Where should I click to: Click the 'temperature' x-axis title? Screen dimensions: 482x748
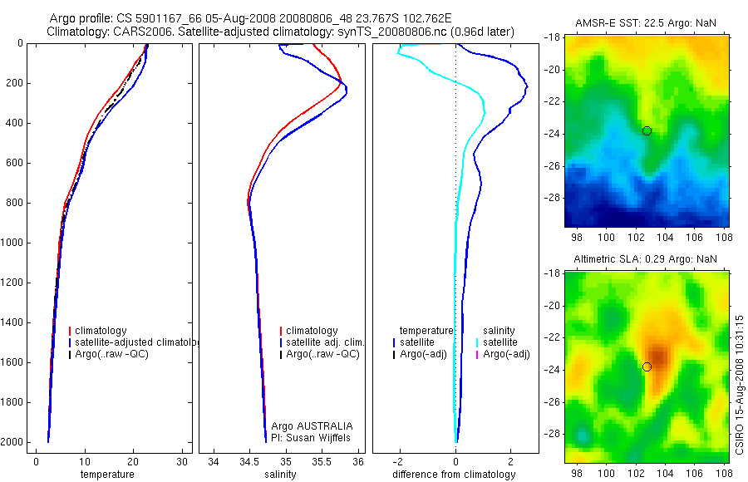pos(106,475)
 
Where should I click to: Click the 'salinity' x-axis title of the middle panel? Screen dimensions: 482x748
pos(279,475)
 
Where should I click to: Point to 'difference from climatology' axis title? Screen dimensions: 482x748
pos(454,475)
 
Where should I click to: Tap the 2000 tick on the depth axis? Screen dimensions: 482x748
pos(13,442)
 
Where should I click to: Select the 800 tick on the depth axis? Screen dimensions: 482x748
pos(16,203)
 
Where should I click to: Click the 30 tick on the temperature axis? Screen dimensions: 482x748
pos(182,460)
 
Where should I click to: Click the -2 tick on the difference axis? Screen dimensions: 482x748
pos(400,460)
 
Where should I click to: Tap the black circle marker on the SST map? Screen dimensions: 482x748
pos(647,130)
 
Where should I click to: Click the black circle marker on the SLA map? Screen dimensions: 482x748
pos(647,366)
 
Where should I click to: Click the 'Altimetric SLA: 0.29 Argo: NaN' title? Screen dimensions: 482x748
pos(645,259)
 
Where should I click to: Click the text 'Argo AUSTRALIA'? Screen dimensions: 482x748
pos(307,426)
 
